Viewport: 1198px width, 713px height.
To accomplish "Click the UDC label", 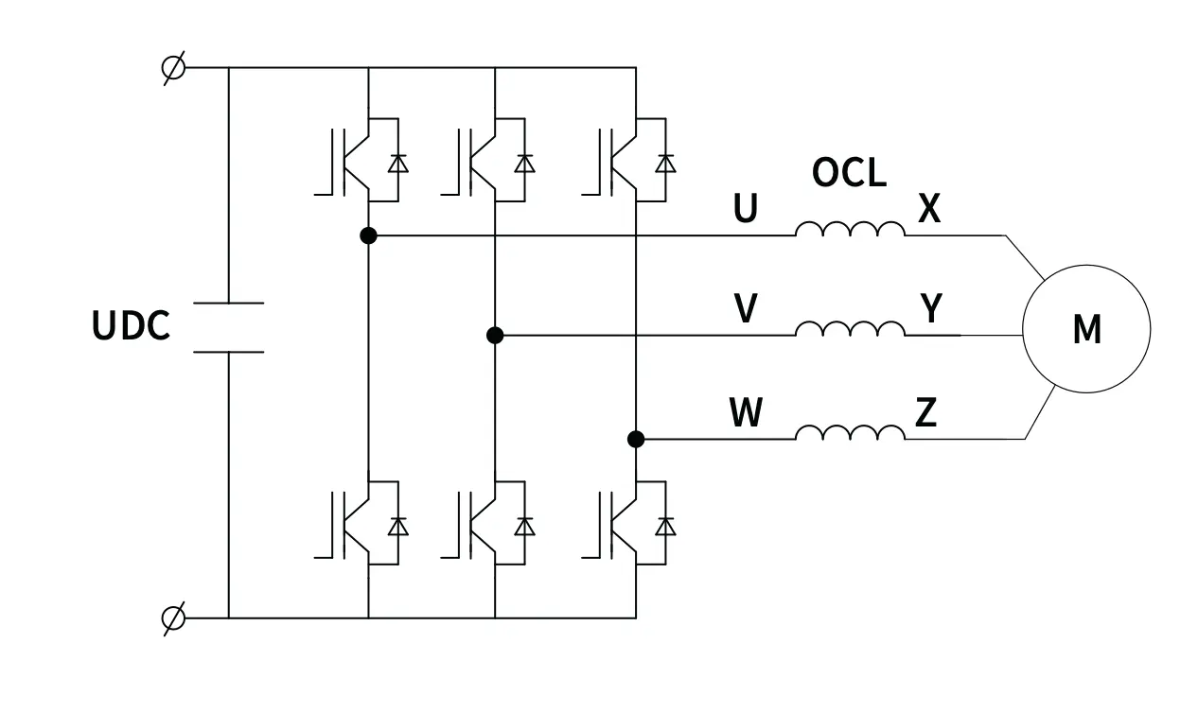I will (x=131, y=326).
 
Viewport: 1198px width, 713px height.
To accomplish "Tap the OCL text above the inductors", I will (x=849, y=173).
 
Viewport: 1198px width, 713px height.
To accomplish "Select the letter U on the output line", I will (x=746, y=209).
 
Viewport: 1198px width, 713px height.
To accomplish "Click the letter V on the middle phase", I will (x=746, y=309).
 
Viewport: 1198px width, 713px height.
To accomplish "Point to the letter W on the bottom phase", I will (x=746, y=413).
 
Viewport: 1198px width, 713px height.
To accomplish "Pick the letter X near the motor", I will (x=929, y=209).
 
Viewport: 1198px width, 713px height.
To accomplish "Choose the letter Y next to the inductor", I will (x=931, y=308).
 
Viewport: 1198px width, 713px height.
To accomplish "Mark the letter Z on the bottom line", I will (x=925, y=413).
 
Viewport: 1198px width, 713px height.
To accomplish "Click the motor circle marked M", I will (x=1086, y=329).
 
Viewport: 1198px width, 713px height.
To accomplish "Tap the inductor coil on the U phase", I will (x=850, y=230).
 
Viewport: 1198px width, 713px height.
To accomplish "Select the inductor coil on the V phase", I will (x=850, y=329).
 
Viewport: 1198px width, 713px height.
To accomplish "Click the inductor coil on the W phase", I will (x=850, y=433).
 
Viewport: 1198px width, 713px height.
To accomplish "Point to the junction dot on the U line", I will (x=369, y=235).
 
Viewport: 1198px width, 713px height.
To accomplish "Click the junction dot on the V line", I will (x=494, y=335).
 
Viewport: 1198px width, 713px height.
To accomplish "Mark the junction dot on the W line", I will (x=636, y=439).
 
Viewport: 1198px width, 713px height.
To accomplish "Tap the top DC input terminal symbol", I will (x=173, y=68).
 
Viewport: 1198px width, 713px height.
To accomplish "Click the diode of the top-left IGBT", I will (x=397, y=164).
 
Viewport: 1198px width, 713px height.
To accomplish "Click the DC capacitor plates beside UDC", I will (x=228, y=327).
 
